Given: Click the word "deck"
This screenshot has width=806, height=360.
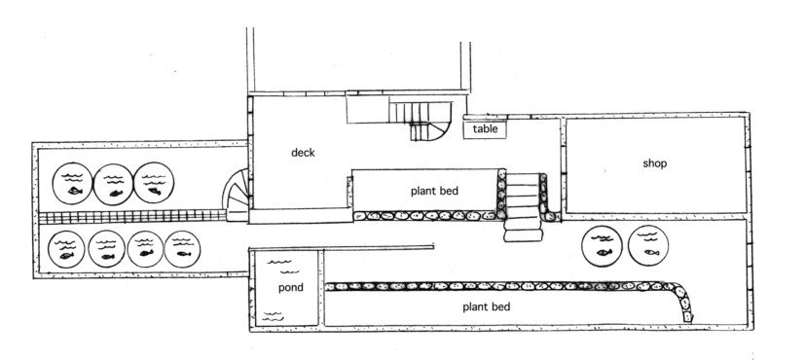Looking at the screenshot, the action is (303, 153).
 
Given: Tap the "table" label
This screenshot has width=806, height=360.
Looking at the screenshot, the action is (485, 128).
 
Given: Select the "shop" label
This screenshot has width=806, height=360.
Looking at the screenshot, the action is (654, 163).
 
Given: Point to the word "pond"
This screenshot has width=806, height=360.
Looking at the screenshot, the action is (290, 288).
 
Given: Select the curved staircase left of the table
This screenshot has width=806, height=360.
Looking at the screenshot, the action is (425, 119).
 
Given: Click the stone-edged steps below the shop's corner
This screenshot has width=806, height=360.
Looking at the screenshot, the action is (524, 206).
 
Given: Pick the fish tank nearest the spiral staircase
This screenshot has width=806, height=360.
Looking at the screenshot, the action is (153, 181).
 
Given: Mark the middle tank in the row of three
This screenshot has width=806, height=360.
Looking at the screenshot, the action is (111, 181).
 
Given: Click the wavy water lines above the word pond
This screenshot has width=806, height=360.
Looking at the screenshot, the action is (281, 262).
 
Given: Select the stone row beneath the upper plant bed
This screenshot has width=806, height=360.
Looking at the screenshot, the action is (423, 215).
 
